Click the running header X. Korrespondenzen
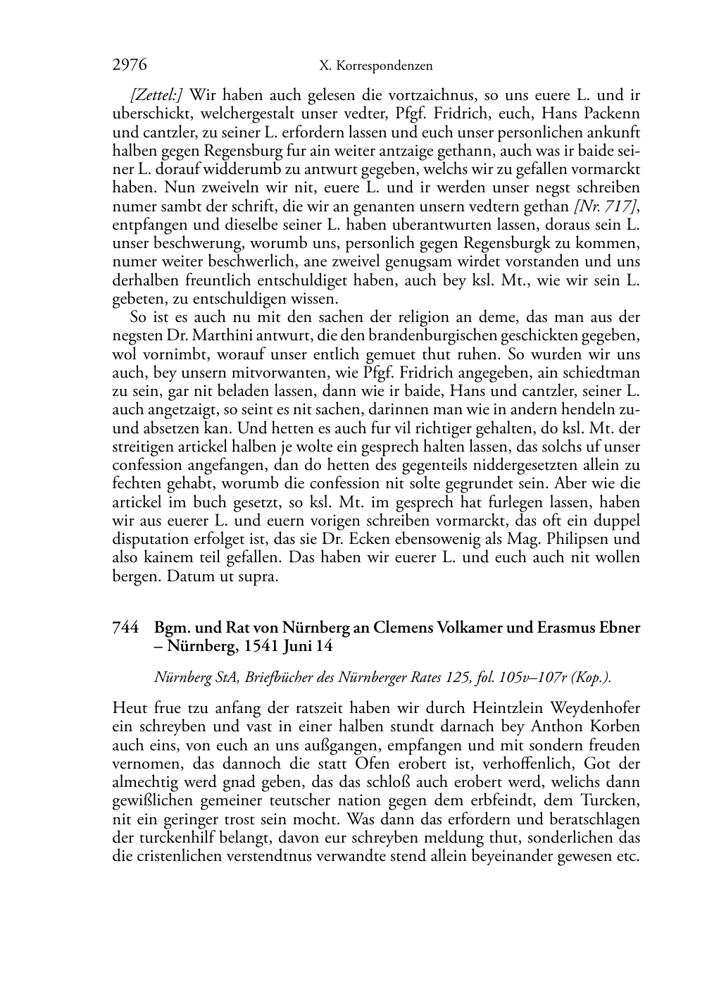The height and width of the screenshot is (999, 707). click(375, 66)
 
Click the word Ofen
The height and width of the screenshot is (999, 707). click(373, 764)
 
